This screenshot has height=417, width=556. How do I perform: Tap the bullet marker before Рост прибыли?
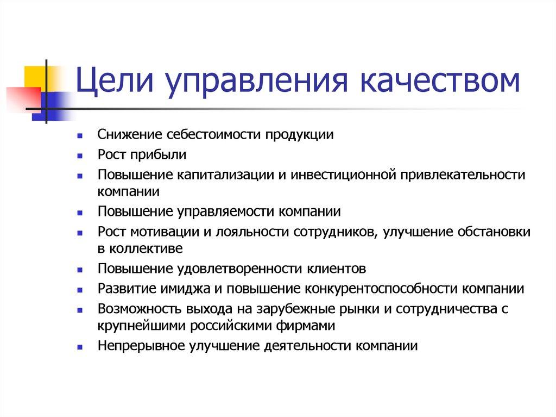(x=80, y=155)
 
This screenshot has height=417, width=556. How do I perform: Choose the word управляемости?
(x=230, y=211)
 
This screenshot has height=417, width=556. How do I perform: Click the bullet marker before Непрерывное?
(x=80, y=346)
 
